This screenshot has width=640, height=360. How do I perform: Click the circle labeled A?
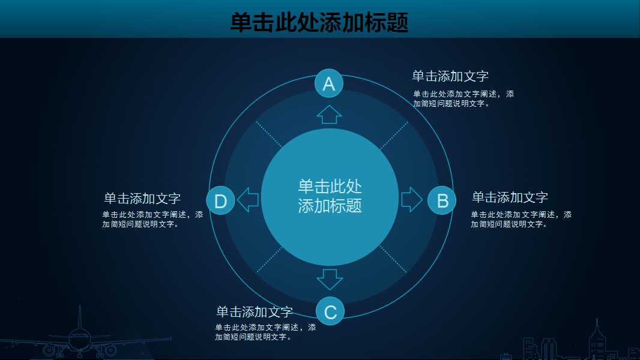coord(329,83)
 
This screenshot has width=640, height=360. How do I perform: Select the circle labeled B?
coord(442,200)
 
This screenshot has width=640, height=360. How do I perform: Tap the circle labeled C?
coord(330,311)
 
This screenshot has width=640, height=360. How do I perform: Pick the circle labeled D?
coord(220,200)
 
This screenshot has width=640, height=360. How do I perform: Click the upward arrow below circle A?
coord(329,114)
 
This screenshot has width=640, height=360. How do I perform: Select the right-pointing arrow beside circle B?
coord(411,199)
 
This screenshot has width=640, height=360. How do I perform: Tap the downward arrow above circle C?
coord(330,279)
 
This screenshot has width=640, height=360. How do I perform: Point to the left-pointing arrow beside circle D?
coord(248,199)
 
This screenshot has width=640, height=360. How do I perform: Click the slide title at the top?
coord(319,23)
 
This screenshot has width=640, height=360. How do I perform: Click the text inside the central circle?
coord(330,196)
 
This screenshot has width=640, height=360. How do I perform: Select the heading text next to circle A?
coord(450,76)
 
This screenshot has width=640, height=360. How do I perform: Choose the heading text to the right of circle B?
coord(510,197)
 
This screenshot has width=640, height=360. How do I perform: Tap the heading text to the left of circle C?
coord(255,312)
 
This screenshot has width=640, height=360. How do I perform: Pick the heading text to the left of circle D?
coord(142,199)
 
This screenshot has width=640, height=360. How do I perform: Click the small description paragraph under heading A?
coord(463,99)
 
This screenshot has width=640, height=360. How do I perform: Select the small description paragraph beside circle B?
coord(521,219)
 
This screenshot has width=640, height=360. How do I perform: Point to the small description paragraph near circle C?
coord(265,332)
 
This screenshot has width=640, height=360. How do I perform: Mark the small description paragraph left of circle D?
coord(152,219)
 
